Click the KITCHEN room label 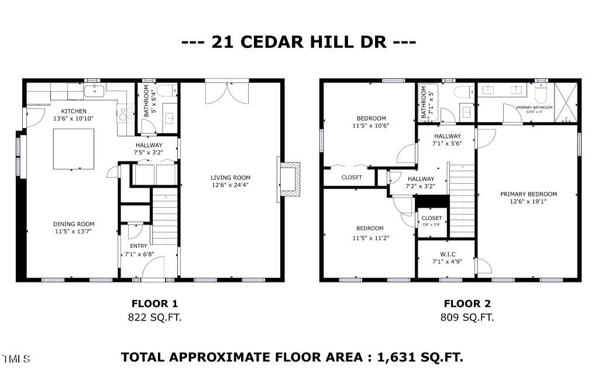click(74, 111)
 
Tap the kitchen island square click(74, 149)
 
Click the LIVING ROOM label click(231, 178)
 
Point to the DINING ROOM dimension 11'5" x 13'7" click(74, 232)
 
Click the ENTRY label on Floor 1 click(139, 246)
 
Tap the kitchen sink click(95, 91)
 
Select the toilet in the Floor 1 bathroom click(167, 91)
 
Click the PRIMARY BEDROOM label click(528, 194)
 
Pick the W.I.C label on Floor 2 click(448, 254)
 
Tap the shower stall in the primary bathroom click(566, 103)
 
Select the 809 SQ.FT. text click(467, 318)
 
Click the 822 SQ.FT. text click(154, 318)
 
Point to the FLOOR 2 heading click(467, 303)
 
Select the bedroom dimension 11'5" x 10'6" click(370, 126)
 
